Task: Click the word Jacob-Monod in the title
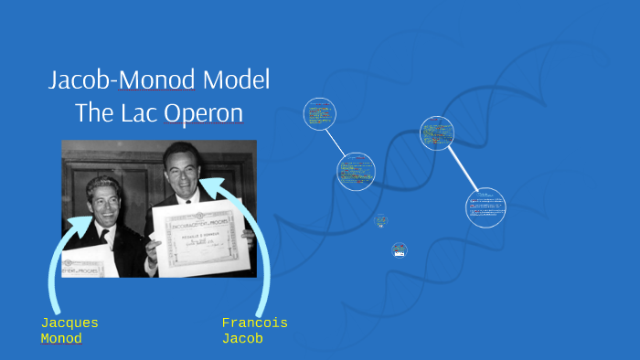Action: coord(122,80)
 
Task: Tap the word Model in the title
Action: coord(237,80)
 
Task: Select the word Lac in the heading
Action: coord(138,113)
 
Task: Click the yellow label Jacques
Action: coord(69,323)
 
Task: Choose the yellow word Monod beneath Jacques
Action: coord(61,339)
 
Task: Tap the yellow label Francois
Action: coord(254,323)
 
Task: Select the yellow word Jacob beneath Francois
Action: coord(242,339)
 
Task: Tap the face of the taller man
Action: coord(180,171)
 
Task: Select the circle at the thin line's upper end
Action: coord(320,114)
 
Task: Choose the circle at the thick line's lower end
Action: coord(485,207)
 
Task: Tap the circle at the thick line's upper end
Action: coord(438,133)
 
